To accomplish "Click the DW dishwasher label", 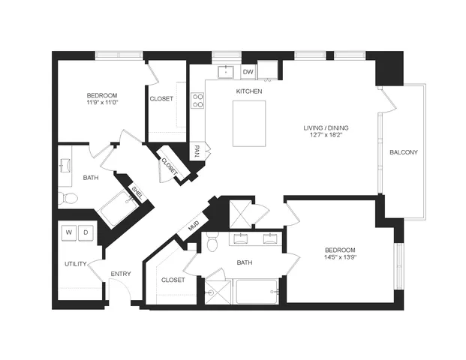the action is (248, 72).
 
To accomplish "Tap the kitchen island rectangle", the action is (249, 124).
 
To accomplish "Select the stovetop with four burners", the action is (197, 100).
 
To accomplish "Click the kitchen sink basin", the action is (226, 72).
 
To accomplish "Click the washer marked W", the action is (69, 232).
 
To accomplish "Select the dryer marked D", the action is (86, 232).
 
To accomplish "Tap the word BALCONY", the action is (404, 152).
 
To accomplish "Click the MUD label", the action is (194, 226).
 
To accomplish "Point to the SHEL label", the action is (137, 193).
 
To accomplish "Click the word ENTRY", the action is (121, 274).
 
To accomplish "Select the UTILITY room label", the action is (76, 264).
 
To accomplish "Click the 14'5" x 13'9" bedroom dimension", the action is (341, 257).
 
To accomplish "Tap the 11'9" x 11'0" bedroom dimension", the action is (102, 102).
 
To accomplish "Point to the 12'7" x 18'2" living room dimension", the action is (326, 134).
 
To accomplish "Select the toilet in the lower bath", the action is (212, 241).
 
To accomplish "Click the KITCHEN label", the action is (249, 91).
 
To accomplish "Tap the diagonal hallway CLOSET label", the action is (169, 166).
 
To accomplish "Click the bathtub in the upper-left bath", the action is (118, 209).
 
